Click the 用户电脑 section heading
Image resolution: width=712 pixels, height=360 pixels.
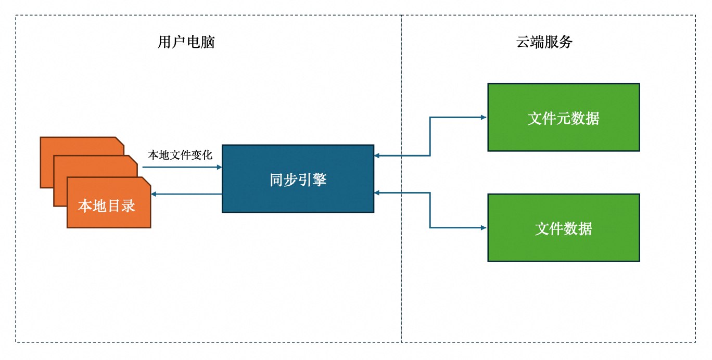click(186, 42)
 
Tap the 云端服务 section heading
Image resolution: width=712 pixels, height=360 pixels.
click(544, 42)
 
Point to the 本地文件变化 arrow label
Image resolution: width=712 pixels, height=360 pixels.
click(180, 155)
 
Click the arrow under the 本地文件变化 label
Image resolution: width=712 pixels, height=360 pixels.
click(182, 167)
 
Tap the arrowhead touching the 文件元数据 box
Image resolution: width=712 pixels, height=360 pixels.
click(484, 118)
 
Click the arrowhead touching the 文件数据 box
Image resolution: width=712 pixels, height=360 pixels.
click(484, 228)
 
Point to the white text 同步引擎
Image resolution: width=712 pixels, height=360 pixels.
click(298, 180)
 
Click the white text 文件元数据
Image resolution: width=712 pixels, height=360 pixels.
click(563, 119)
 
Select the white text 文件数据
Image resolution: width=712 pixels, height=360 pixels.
click(563, 229)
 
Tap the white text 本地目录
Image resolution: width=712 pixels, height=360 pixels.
click(107, 206)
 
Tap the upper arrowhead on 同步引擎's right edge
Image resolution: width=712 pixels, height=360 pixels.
click(377, 156)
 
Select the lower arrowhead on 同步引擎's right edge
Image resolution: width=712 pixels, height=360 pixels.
click(377, 193)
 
